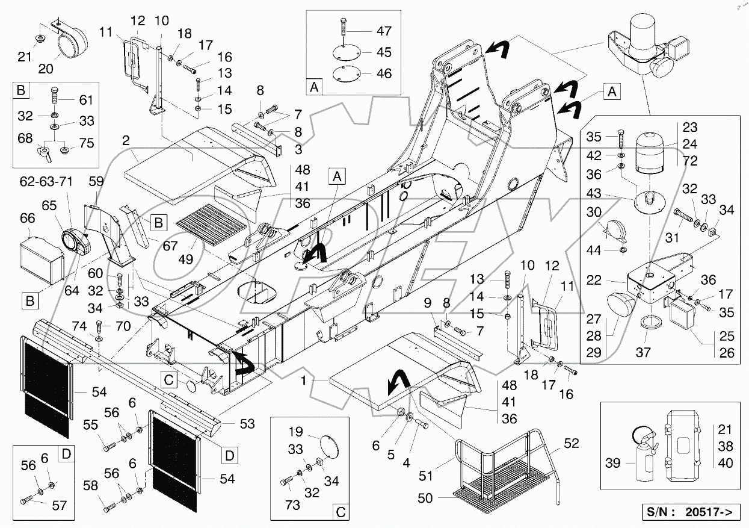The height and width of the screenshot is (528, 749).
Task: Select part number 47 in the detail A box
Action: tap(384, 31)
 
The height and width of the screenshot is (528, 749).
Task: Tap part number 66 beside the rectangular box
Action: tap(28, 217)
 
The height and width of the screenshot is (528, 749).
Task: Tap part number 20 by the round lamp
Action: tap(46, 69)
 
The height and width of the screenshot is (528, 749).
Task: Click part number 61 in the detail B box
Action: tap(87, 100)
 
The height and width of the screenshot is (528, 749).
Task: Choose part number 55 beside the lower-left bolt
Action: tap(91, 424)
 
